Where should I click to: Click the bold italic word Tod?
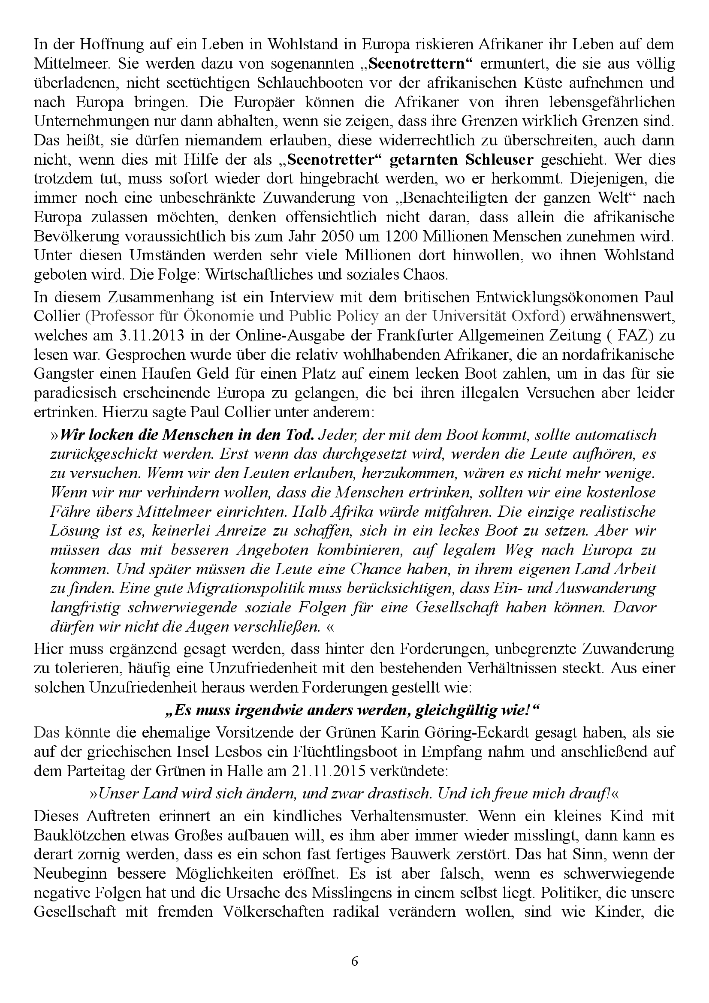(x=301, y=435)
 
